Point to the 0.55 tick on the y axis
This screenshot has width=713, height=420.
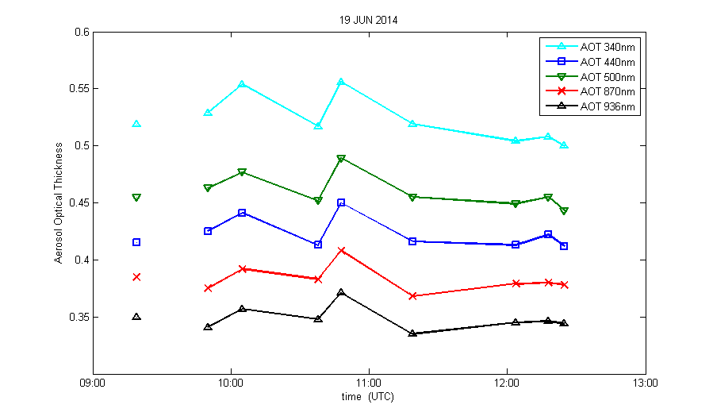tap(78, 88)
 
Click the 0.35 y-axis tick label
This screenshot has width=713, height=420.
tap(78, 317)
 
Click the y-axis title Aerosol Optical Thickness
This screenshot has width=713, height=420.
tap(59, 203)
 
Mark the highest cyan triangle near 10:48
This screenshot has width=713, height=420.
tap(341, 82)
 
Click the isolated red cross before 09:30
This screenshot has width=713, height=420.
tap(136, 277)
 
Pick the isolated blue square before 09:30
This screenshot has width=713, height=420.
tap(136, 242)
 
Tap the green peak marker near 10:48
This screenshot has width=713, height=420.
tap(341, 159)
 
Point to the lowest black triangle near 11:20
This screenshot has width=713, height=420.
tap(412, 333)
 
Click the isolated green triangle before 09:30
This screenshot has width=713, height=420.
tap(136, 197)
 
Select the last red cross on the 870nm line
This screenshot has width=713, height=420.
tap(564, 284)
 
